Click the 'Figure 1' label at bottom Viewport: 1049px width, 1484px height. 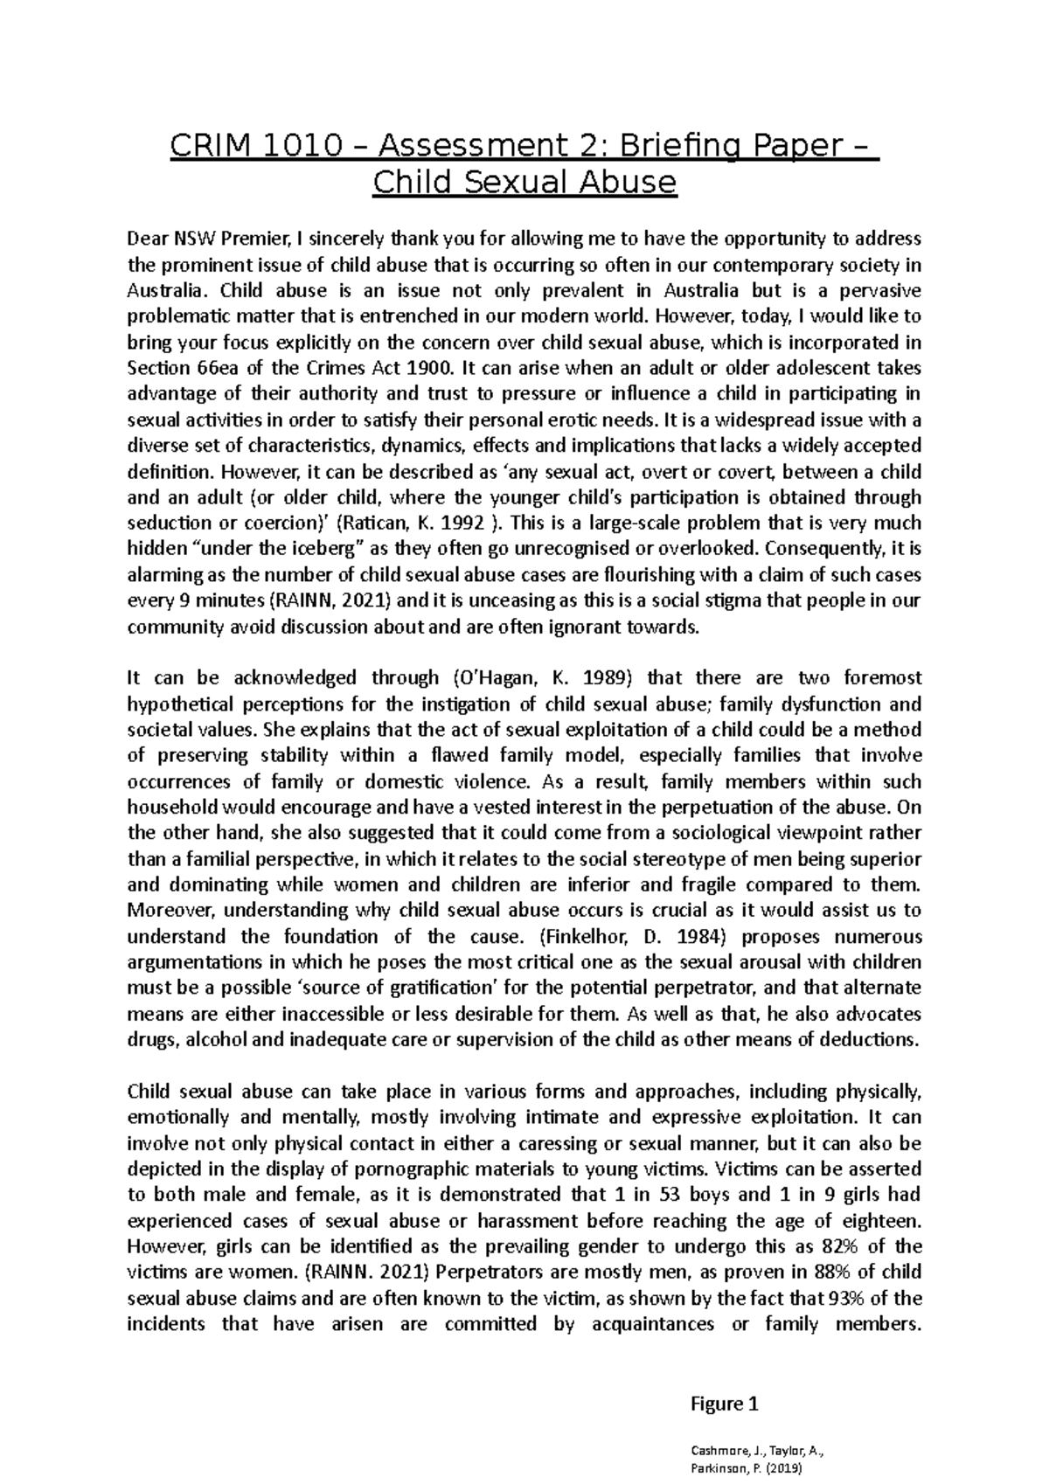pos(724,1404)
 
